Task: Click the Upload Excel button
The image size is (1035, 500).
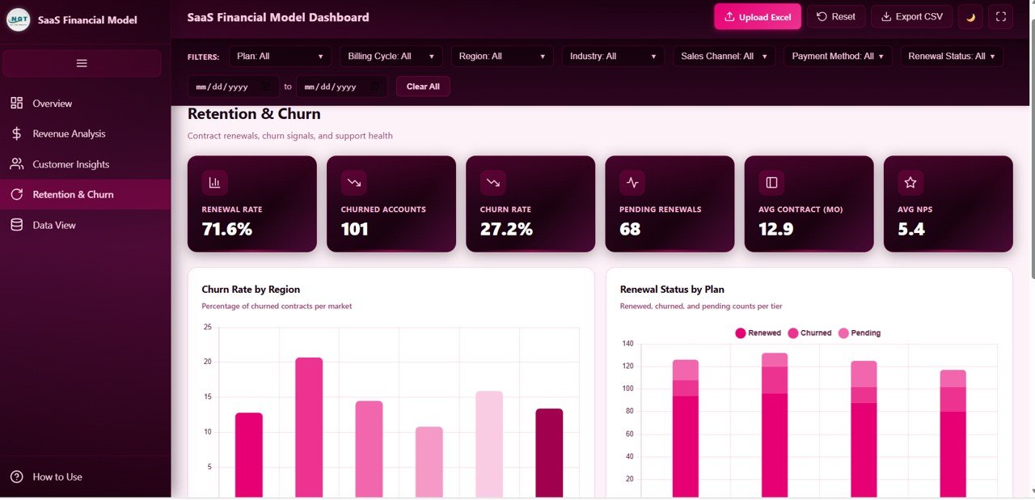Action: coord(757,17)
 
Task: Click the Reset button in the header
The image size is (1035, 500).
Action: coord(835,17)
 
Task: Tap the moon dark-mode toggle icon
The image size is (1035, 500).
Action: coord(970,17)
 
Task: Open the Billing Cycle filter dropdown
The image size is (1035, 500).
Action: coord(391,56)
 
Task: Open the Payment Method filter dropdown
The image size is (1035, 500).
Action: coord(837,56)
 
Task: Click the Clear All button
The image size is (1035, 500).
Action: coord(423,87)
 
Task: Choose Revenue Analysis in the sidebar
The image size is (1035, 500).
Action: coord(69,133)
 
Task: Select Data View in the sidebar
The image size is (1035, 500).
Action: coord(54,225)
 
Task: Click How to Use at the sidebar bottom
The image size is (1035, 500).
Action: coord(57,477)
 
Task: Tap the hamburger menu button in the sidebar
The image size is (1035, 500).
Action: coord(82,63)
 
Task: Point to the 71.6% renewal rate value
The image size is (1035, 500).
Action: coord(227,229)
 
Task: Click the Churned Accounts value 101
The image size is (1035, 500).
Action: coord(354,229)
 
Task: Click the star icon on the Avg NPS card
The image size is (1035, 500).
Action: coord(910,183)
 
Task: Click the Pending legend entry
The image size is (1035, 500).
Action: coord(860,333)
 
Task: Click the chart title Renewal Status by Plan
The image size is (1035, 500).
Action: coord(672,289)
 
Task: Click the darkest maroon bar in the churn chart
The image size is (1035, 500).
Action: coord(549,452)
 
